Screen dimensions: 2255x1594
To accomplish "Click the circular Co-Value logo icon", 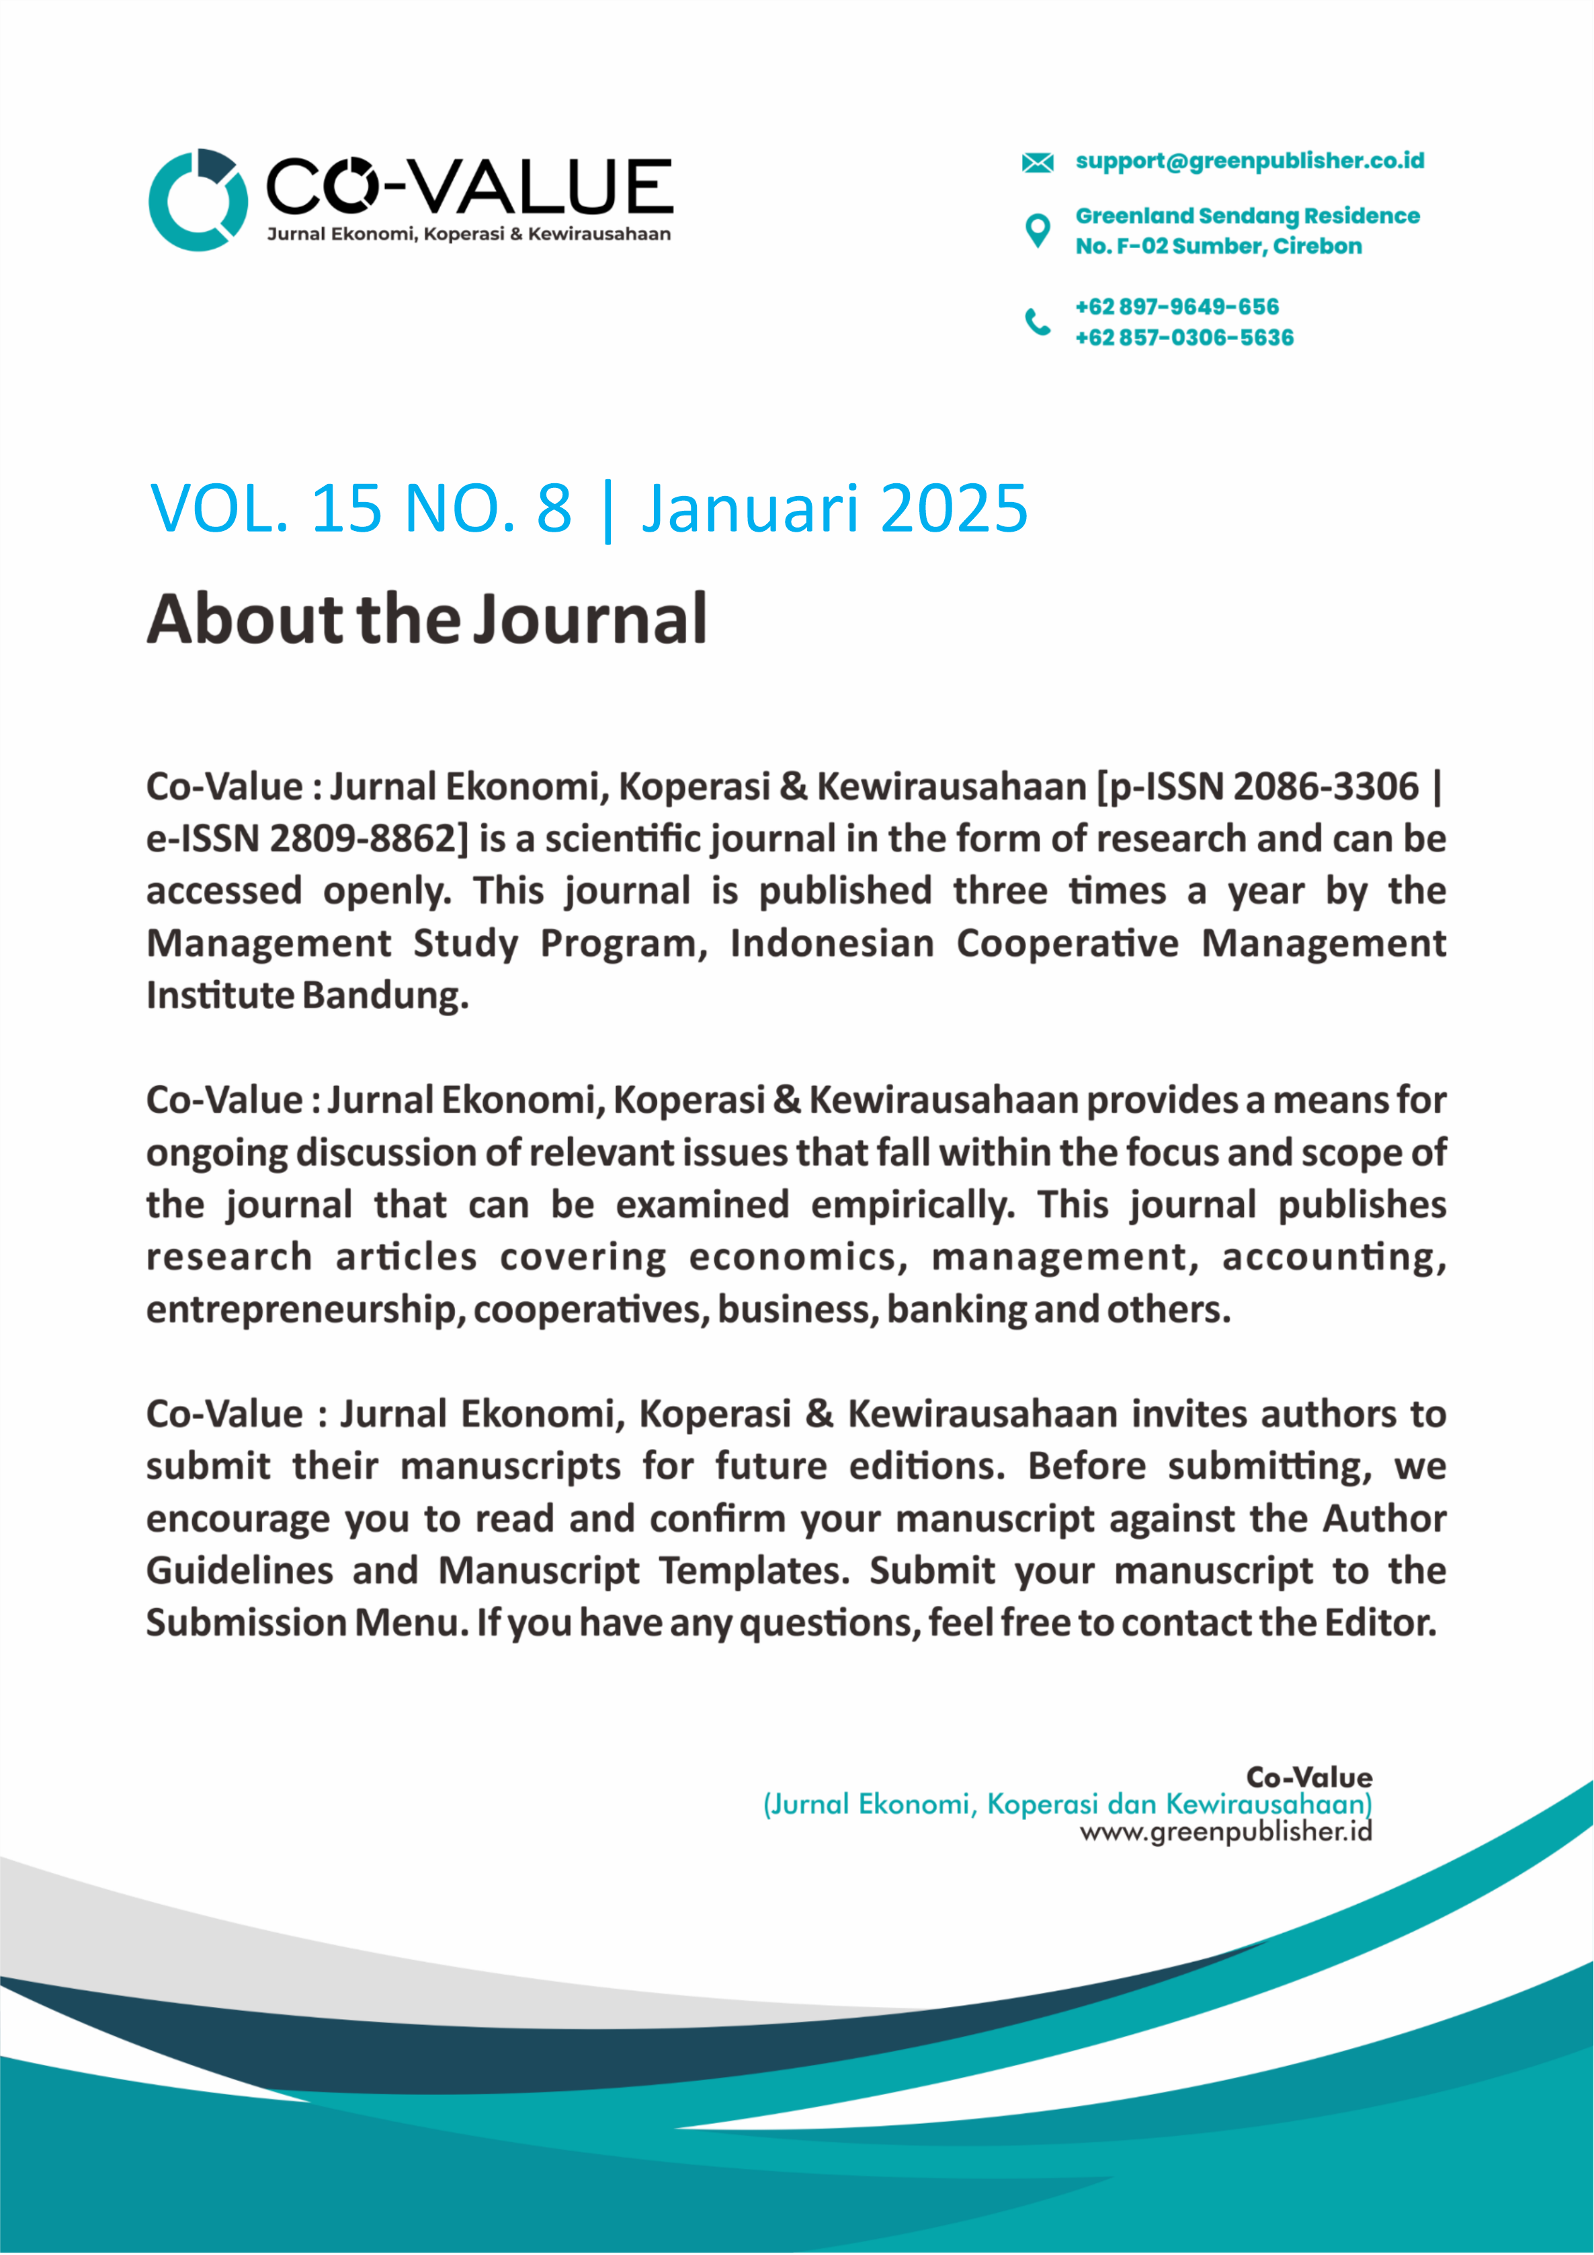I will click(x=198, y=200).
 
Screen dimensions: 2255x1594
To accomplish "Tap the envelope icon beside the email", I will click(x=1037, y=162).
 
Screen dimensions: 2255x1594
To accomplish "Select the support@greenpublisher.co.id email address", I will click(x=1249, y=161).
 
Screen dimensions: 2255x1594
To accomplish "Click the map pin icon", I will click(x=1037, y=231).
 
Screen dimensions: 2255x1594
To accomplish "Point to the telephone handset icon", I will click(x=1037, y=321).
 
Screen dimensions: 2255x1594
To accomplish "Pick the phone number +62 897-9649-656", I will click(x=1177, y=306).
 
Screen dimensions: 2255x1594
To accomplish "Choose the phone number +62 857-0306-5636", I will click(x=1185, y=338).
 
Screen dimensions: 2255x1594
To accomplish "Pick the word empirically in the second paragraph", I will click(x=913, y=1205).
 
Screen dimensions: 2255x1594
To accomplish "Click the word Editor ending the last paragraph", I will click(x=1379, y=1623).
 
